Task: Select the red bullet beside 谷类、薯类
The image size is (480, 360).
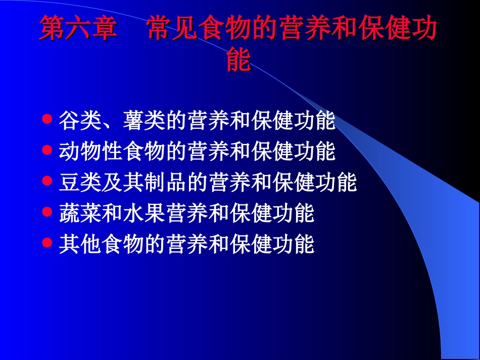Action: click(x=47, y=119)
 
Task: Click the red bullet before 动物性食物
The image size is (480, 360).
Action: click(x=47, y=150)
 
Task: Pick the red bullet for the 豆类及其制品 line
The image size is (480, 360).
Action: click(x=47, y=181)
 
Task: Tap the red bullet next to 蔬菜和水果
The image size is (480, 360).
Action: click(x=47, y=212)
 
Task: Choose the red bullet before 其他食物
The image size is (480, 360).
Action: click(x=47, y=243)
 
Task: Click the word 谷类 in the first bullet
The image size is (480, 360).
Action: click(x=80, y=121)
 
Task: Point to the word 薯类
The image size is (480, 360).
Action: click(x=144, y=121)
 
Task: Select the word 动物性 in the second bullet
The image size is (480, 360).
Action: click(x=91, y=151)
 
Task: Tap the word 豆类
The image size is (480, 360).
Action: click(x=80, y=182)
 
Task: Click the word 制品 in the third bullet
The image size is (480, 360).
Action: click(x=165, y=182)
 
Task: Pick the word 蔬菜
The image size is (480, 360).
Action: click(x=80, y=214)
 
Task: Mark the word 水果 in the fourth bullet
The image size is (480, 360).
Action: click(x=144, y=214)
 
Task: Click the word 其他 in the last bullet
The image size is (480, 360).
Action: click(x=80, y=244)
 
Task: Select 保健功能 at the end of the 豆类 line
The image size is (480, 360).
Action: click(x=314, y=182)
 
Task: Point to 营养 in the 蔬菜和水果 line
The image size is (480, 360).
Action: click(x=186, y=214)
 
